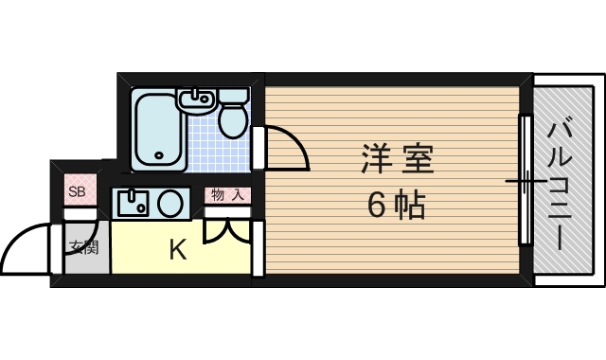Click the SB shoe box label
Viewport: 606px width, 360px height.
[77, 191]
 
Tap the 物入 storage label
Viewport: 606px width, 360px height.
[226, 196]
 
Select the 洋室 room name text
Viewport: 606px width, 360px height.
[396, 158]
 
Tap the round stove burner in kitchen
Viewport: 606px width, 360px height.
[169, 202]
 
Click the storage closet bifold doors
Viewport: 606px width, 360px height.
[228, 230]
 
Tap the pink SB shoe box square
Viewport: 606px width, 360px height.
[77, 191]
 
